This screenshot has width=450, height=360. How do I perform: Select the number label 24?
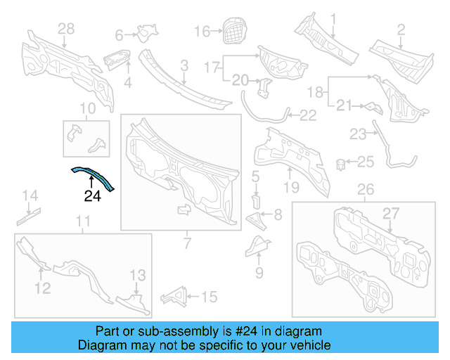coord(93,196)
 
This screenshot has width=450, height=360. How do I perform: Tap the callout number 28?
coord(65,29)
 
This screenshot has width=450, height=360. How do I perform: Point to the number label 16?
coord(202,32)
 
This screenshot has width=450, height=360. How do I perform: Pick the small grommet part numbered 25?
coord(341,164)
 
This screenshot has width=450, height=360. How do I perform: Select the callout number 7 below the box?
coord(187,244)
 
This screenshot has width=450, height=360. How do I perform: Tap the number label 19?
coord(291,187)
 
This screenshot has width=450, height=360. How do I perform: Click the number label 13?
coord(138,274)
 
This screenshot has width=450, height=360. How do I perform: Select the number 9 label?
coord(259,272)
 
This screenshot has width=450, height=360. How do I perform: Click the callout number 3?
coord(185,66)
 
